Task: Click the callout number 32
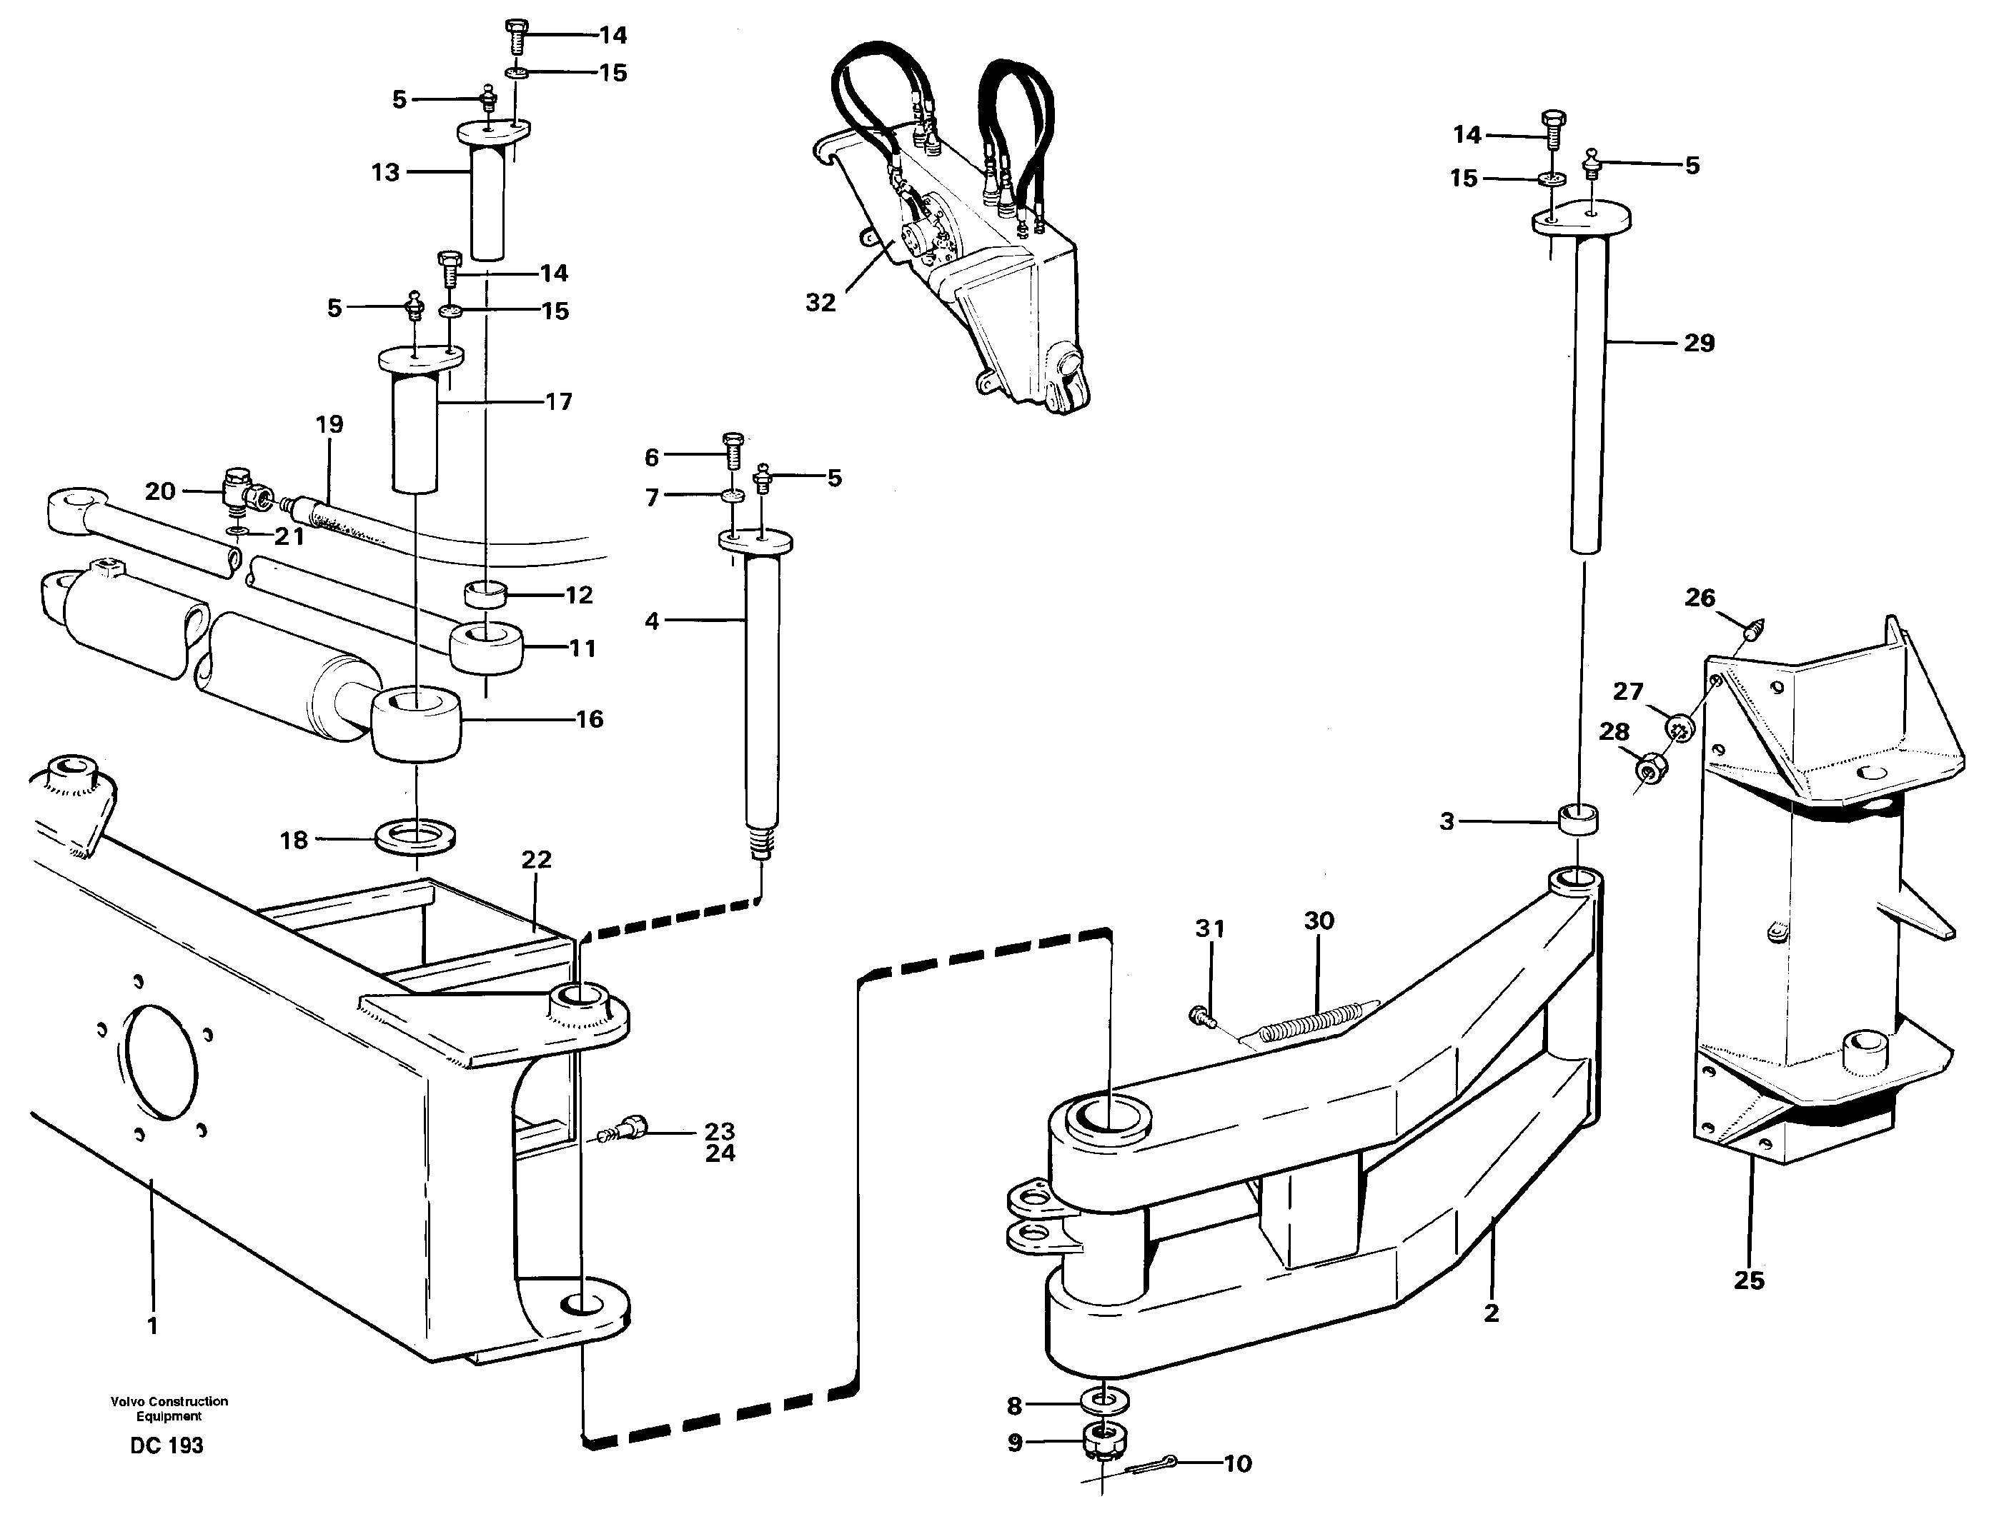pos(820,303)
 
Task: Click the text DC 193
pos(167,1445)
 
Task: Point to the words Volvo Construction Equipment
pos(169,1408)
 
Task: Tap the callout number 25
pos(1748,1280)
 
